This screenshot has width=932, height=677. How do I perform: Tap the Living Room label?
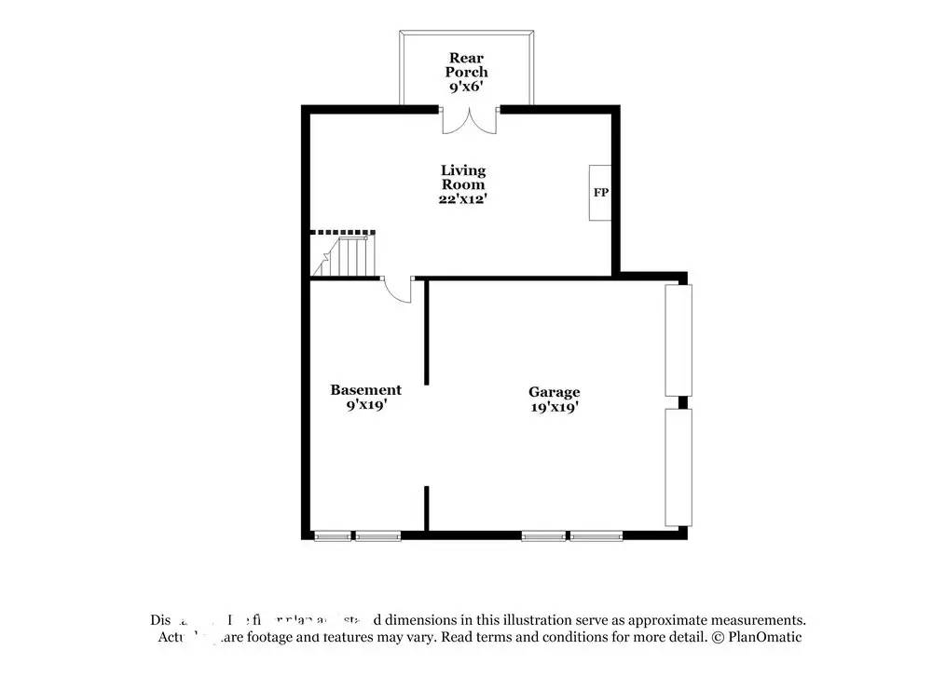[x=463, y=177]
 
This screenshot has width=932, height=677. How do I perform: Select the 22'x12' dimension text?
[x=463, y=198]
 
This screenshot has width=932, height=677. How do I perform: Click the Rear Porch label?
[x=466, y=64]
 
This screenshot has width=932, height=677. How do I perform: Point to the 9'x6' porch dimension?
[x=466, y=86]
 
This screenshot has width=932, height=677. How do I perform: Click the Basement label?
[x=366, y=390]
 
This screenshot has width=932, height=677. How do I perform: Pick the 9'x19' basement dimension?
[x=366, y=405]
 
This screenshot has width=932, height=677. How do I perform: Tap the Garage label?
[x=555, y=392]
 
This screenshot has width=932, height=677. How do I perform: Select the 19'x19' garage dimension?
[x=555, y=406]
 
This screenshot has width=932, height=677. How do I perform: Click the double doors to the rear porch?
[x=470, y=120]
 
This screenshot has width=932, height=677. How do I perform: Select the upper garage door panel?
[x=678, y=340]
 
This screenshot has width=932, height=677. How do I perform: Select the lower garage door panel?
[x=678, y=467]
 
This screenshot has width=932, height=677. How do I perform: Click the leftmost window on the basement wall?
[x=333, y=535]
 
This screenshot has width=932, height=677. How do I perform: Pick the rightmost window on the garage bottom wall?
[x=596, y=535]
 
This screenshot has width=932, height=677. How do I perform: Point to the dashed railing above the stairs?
[x=342, y=233]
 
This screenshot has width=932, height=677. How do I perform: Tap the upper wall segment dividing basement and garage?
[x=427, y=331]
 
